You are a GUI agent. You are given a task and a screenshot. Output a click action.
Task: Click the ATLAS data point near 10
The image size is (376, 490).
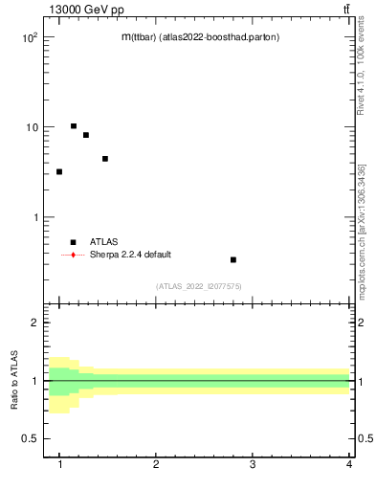click(73, 125)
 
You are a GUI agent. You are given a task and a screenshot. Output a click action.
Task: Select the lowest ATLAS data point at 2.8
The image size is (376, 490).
click(233, 259)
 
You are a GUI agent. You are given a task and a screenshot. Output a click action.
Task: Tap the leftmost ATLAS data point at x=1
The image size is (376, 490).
click(59, 171)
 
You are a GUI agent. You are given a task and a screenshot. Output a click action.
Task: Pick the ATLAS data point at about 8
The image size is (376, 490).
click(86, 135)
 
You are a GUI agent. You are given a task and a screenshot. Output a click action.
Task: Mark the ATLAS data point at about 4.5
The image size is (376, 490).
click(105, 159)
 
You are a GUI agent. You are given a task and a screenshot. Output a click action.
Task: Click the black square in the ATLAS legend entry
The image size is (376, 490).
click(73, 242)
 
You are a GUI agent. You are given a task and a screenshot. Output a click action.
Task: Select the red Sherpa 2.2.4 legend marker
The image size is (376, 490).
click(73, 255)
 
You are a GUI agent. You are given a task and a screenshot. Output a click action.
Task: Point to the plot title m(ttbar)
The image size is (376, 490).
click(200, 37)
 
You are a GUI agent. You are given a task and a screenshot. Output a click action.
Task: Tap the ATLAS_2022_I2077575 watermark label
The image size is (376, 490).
click(199, 286)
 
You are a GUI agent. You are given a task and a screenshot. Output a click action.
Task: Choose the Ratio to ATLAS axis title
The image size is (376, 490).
click(15, 381)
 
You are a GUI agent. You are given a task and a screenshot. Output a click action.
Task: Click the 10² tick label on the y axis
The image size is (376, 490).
click(29, 36)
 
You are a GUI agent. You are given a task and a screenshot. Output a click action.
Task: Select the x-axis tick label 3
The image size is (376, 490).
click(253, 465)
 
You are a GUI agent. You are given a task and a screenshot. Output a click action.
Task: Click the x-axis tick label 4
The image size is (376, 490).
click(349, 465)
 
